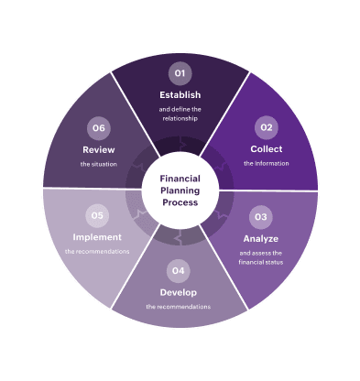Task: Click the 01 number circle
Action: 180,72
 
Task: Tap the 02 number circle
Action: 267,127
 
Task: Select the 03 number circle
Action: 261,217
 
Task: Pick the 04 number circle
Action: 179,270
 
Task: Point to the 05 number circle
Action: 97,215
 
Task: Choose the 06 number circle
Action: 98,127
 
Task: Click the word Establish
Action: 180,94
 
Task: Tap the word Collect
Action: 267,148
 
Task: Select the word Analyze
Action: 261,238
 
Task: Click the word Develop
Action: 179,292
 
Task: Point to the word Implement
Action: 97,236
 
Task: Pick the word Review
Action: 98,149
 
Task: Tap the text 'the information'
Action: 267,163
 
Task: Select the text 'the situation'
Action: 98,164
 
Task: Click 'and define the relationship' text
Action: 180,114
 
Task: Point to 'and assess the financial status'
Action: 261,256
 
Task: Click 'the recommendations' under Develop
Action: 179,307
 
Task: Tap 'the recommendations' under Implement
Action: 97,251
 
